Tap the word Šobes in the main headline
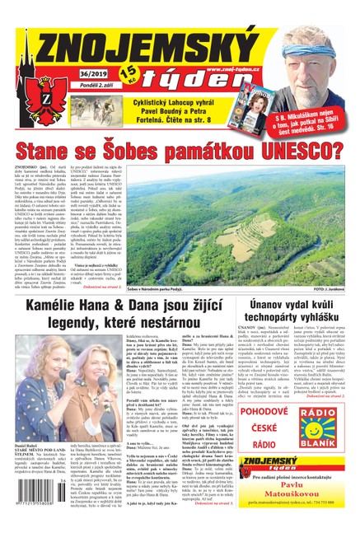tap(101, 151)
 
